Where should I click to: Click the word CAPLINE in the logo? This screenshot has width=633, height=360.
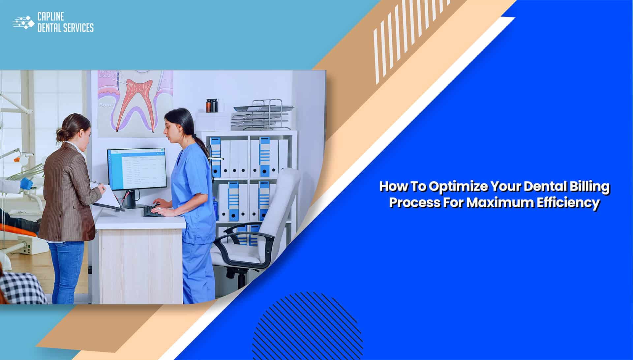click(51, 17)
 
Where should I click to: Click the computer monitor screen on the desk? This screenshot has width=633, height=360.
click(137, 168)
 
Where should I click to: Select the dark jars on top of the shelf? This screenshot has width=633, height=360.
click(212, 105)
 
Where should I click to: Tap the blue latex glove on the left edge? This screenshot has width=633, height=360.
click(26, 183)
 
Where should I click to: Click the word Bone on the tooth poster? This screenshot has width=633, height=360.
click(106, 105)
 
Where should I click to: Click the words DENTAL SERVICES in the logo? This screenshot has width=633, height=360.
click(65, 28)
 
